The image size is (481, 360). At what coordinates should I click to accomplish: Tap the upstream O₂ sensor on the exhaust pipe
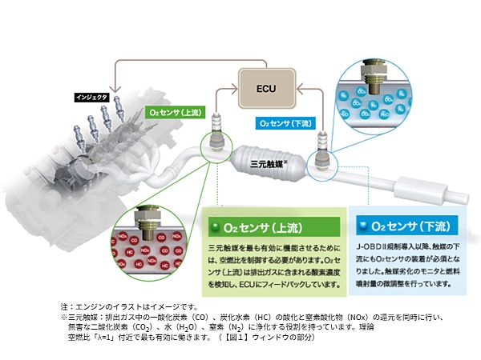click(x=215, y=133)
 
